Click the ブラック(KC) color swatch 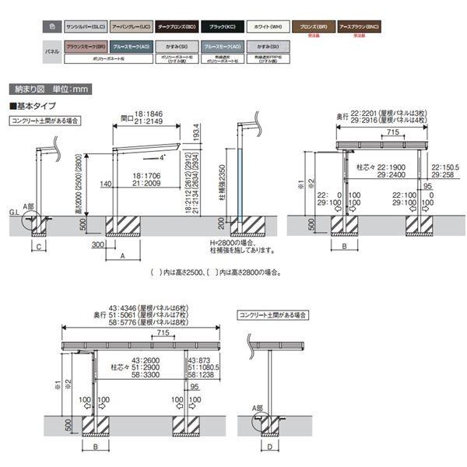click(223, 26)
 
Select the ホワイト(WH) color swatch click(269, 26)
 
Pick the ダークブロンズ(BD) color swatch click(177, 26)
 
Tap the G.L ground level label click(14, 209)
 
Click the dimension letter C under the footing click(38, 248)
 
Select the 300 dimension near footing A click(97, 244)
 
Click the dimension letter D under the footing click(269, 447)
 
